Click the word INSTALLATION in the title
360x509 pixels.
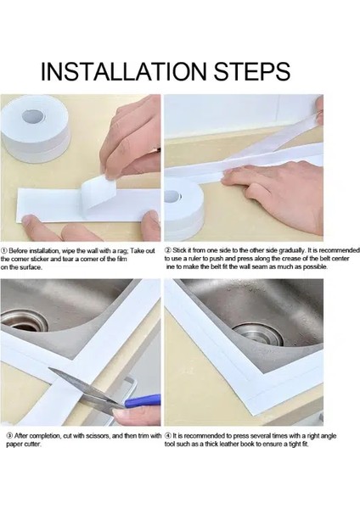coord(123,71)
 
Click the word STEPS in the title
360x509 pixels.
coord(252,71)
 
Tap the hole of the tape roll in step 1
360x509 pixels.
coord(33,116)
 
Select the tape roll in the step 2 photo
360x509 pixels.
coord(183,205)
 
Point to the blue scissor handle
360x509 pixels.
coord(143,400)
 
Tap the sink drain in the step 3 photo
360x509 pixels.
coord(24,321)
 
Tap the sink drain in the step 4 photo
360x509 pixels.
coord(257,334)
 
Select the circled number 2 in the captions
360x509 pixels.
coord(168,250)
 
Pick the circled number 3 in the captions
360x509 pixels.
coord(9,436)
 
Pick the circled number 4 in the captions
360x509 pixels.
coord(167,436)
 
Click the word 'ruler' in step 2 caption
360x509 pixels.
coord(189,259)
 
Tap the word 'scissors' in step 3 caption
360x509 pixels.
coord(99,436)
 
